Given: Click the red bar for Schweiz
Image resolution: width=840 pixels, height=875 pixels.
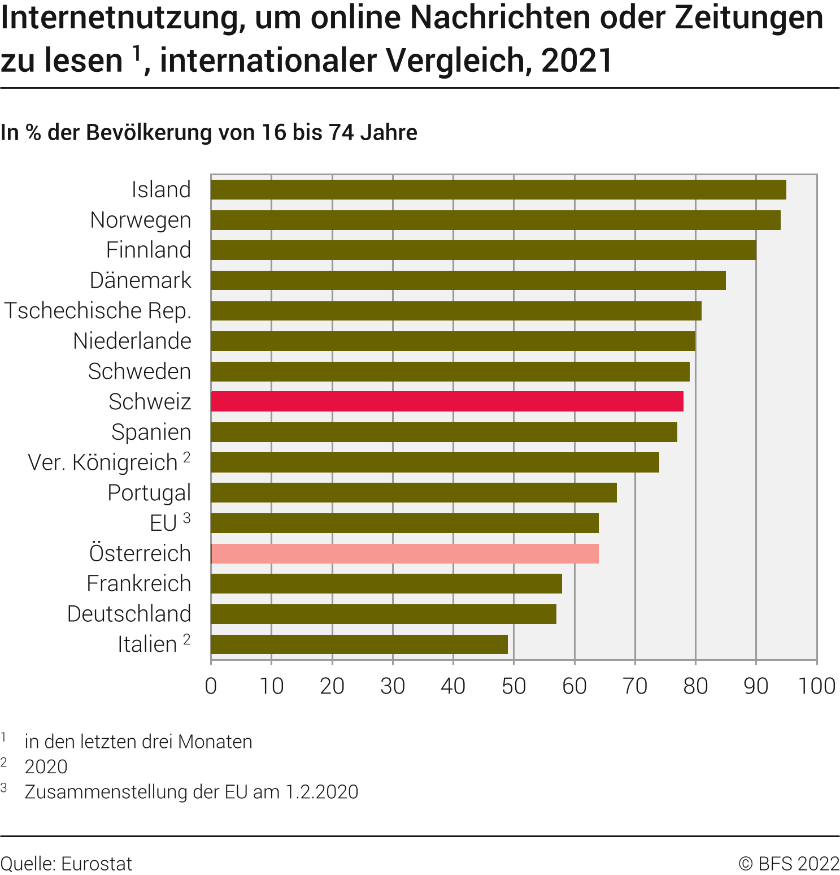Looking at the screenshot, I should click(x=447, y=401).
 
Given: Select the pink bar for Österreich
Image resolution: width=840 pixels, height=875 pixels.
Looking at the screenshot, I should click(x=404, y=554).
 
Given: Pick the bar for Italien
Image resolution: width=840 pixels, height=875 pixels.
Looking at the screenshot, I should click(x=359, y=644).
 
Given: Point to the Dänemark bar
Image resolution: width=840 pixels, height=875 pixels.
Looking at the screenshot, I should click(x=468, y=280).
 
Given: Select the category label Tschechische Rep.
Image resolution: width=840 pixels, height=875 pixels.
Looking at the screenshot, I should click(x=98, y=311).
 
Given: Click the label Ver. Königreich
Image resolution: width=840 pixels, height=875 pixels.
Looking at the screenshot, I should click(x=103, y=462).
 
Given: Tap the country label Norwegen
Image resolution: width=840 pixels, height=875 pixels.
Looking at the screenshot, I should click(x=141, y=220).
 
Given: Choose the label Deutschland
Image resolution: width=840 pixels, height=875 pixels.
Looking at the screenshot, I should click(x=129, y=614).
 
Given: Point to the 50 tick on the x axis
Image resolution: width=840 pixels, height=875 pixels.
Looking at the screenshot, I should click(x=513, y=686).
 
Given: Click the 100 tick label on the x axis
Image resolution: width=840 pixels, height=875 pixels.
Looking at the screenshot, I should click(x=816, y=686).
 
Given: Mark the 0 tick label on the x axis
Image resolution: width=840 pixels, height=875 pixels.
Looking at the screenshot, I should click(x=211, y=686).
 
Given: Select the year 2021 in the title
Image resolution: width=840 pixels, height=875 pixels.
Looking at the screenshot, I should click(x=577, y=60).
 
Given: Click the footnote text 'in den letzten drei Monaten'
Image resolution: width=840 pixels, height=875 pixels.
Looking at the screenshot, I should click(x=138, y=742).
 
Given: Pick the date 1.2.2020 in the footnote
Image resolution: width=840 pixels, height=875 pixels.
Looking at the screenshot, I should click(x=321, y=792).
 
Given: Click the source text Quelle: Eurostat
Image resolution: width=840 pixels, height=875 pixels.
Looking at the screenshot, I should click(x=66, y=864).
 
